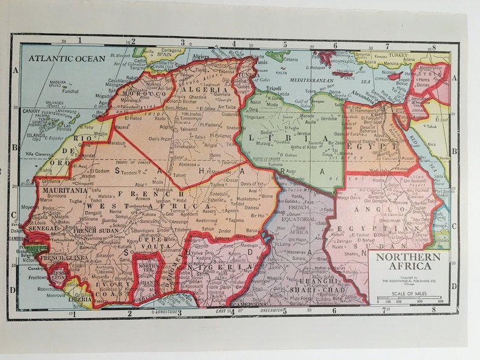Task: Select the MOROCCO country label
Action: pyautogui.click(x=145, y=95)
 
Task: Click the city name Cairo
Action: pyautogui.click(x=387, y=109)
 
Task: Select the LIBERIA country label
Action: pyautogui.click(x=80, y=298)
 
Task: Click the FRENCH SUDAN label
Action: pyautogui.click(x=94, y=231)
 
